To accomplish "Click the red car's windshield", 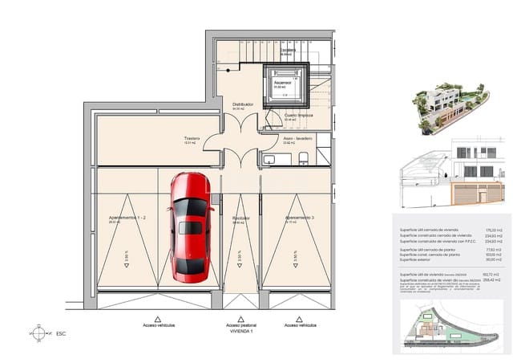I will pos(191,209).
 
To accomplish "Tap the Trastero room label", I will pos(191,137).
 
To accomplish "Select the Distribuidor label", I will pos(243,104).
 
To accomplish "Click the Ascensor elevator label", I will pos(281,82).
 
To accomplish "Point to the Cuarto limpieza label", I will pos(297,115).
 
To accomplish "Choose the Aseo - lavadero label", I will pos(297,137).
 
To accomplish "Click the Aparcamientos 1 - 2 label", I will pos(126,218).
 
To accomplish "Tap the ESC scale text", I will pos(62,333).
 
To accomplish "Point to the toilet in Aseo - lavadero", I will pos(304,159).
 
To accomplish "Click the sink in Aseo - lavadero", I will pos(269,159).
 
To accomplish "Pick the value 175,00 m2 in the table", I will pos(491,229).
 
